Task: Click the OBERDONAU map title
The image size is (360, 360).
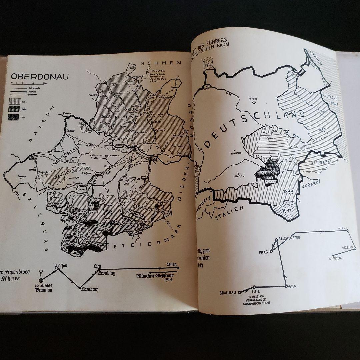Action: pos(40,76)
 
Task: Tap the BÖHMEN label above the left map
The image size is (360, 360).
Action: pos(161,63)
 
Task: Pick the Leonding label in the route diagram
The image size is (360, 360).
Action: pos(106,273)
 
